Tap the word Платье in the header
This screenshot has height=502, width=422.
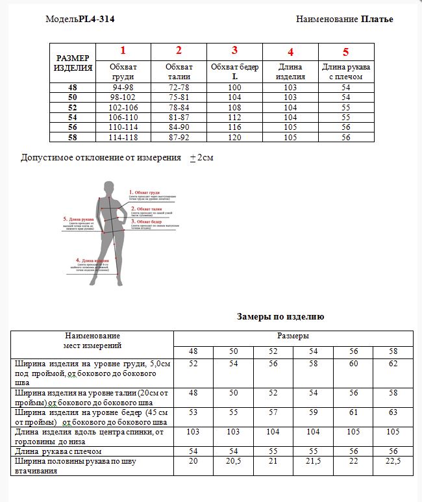377,19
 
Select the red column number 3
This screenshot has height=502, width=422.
234,51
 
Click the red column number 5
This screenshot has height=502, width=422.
345,52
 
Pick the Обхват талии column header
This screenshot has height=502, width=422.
179,71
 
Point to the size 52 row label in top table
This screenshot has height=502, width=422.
71,107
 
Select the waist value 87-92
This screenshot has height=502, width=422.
179,138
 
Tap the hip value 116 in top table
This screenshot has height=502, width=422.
234,128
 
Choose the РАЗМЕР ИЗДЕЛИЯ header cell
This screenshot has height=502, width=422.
73,62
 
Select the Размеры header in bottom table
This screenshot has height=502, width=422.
293,336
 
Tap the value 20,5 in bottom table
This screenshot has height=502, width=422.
233,460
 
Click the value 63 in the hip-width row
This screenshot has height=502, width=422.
393,412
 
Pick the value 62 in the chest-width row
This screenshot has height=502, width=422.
393,364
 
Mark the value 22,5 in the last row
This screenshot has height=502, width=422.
393,460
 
